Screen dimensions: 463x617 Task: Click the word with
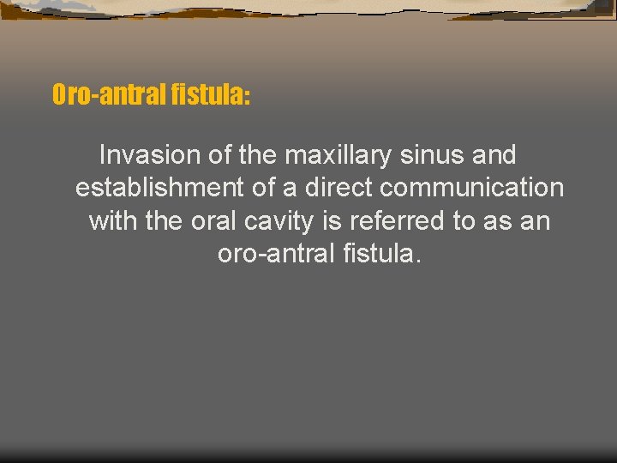(114, 220)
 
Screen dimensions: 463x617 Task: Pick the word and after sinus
(492, 155)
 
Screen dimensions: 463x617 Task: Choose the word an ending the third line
(536, 220)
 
